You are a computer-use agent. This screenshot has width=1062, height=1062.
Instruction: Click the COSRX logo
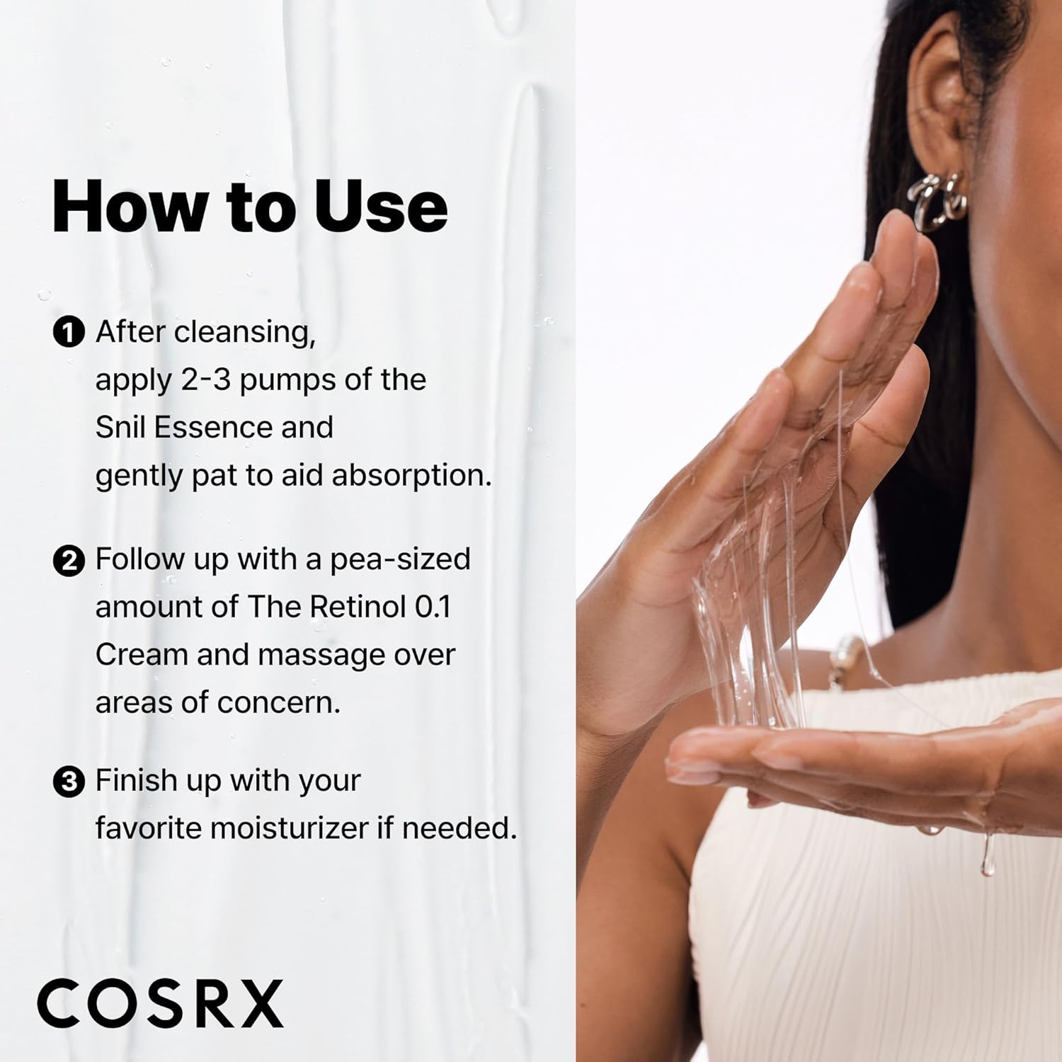161,1003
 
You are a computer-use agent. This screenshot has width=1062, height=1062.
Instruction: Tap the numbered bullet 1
69,332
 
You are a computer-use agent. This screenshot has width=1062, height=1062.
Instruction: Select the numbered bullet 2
69,561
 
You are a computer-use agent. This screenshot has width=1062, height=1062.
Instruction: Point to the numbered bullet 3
69,782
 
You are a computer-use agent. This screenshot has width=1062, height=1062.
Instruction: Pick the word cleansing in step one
244,332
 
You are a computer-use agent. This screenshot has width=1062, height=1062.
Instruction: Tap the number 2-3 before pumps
205,380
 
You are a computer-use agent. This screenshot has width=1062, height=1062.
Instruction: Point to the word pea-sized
400,560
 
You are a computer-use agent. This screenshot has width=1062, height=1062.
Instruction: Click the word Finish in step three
136,781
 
